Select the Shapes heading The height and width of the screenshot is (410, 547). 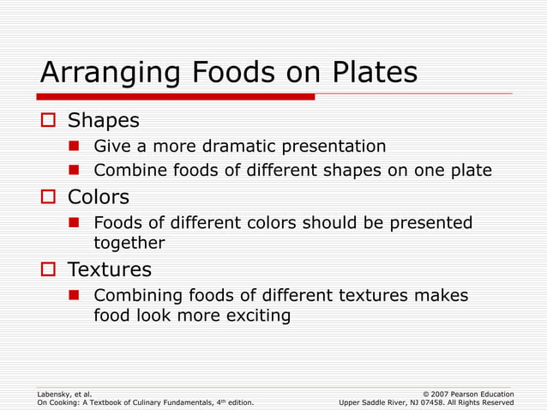click(x=103, y=120)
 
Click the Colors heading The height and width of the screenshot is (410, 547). click(x=99, y=197)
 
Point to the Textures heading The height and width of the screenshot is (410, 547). click(x=109, y=269)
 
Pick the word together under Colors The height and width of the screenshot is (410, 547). click(x=129, y=243)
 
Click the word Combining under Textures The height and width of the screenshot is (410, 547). click(x=137, y=295)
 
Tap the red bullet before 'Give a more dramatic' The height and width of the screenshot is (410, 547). click(x=75, y=146)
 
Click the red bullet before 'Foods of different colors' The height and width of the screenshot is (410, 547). click(x=75, y=223)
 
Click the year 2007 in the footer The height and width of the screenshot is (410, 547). click(x=434, y=394)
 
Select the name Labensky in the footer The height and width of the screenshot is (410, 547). click(x=54, y=394)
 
